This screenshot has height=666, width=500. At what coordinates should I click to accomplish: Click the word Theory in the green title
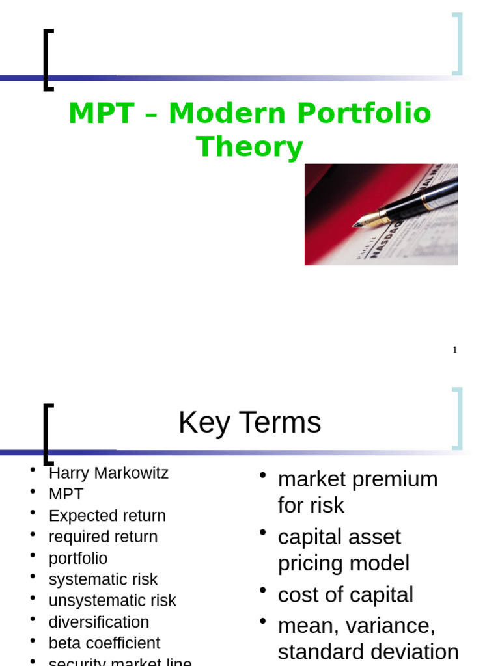pos(249,147)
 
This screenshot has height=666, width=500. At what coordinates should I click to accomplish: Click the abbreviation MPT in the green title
pos(105,114)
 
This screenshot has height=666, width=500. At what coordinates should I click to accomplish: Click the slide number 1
pos(455,350)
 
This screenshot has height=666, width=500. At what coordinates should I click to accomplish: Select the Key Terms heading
pos(249,423)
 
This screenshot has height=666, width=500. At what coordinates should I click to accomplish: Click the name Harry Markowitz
pos(108,473)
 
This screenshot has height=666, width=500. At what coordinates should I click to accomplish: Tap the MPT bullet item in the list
pos(66,494)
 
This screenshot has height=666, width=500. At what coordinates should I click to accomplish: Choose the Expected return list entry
pos(107,516)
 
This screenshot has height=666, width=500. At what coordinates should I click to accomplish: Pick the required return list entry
pos(103,537)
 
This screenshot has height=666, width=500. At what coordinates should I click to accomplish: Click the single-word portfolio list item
pos(78,559)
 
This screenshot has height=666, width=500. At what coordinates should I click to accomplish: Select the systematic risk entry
pos(103,579)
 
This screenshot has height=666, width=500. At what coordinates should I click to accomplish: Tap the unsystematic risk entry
pos(112,601)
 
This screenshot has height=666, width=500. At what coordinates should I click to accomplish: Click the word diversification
pos(99,622)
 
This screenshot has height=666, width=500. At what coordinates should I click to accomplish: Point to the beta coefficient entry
pos(104,643)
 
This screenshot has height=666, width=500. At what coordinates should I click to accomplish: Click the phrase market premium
pos(357,479)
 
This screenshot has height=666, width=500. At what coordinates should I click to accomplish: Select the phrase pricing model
pos(343,563)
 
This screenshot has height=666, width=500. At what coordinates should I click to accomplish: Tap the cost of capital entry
pos(345,594)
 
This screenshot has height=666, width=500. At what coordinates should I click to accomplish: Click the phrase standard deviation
pos(368,652)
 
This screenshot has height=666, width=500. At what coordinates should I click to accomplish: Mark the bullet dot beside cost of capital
pos(263,591)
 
